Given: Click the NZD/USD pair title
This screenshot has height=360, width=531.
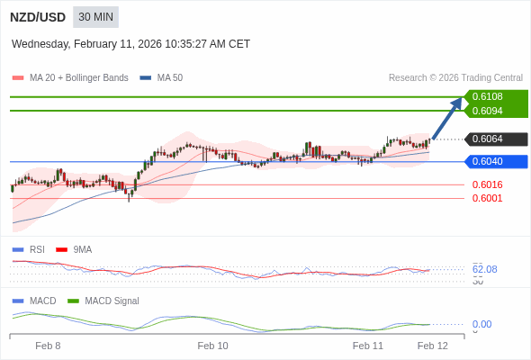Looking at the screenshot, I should click(37, 17).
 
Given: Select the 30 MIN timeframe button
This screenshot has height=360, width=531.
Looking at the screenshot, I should click(95, 17).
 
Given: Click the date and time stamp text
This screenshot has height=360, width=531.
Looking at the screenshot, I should click(130, 44).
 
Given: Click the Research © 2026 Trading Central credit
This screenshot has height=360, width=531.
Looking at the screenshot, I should click(455, 78).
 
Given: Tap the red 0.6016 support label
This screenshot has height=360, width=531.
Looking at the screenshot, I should click(487, 184).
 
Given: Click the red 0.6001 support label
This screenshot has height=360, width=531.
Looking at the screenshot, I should click(487, 198).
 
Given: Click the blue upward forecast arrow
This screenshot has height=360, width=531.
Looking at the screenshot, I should click(447, 118).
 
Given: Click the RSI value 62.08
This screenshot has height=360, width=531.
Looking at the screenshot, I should click(484, 269).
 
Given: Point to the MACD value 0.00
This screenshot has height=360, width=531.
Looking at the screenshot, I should click(481, 324).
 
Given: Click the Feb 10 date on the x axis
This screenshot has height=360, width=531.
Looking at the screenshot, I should click(212, 346).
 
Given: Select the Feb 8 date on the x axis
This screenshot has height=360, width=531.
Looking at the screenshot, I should click(48, 346).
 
